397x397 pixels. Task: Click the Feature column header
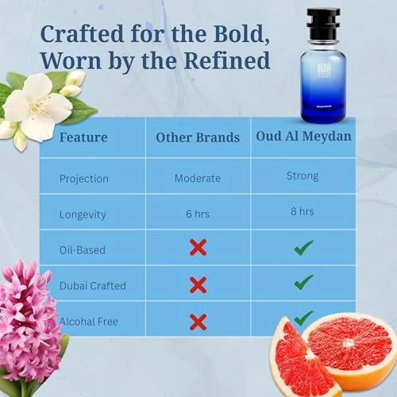pyautogui.click(x=83, y=137)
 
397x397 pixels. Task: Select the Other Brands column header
pyautogui.click(x=198, y=137)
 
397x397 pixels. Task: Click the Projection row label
pyautogui.click(x=83, y=178)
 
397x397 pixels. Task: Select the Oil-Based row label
pyautogui.click(x=83, y=249)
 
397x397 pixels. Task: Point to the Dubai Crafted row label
pyautogui.click(x=92, y=284)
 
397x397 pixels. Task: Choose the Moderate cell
pyautogui.click(x=198, y=178)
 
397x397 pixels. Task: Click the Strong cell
pyautogui.click(x=303, y=176)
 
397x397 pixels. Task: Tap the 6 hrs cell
pyautogui.click(x=198, y=213)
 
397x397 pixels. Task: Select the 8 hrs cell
pyautogui.click(x=303, y=212)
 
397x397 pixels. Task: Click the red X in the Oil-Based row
pyautogui.click(x=198, y=248)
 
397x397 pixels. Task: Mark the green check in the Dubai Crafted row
pyautogui.click(x=303, y=282)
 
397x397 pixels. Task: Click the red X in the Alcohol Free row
pyautogui.click(x=198, y=321)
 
